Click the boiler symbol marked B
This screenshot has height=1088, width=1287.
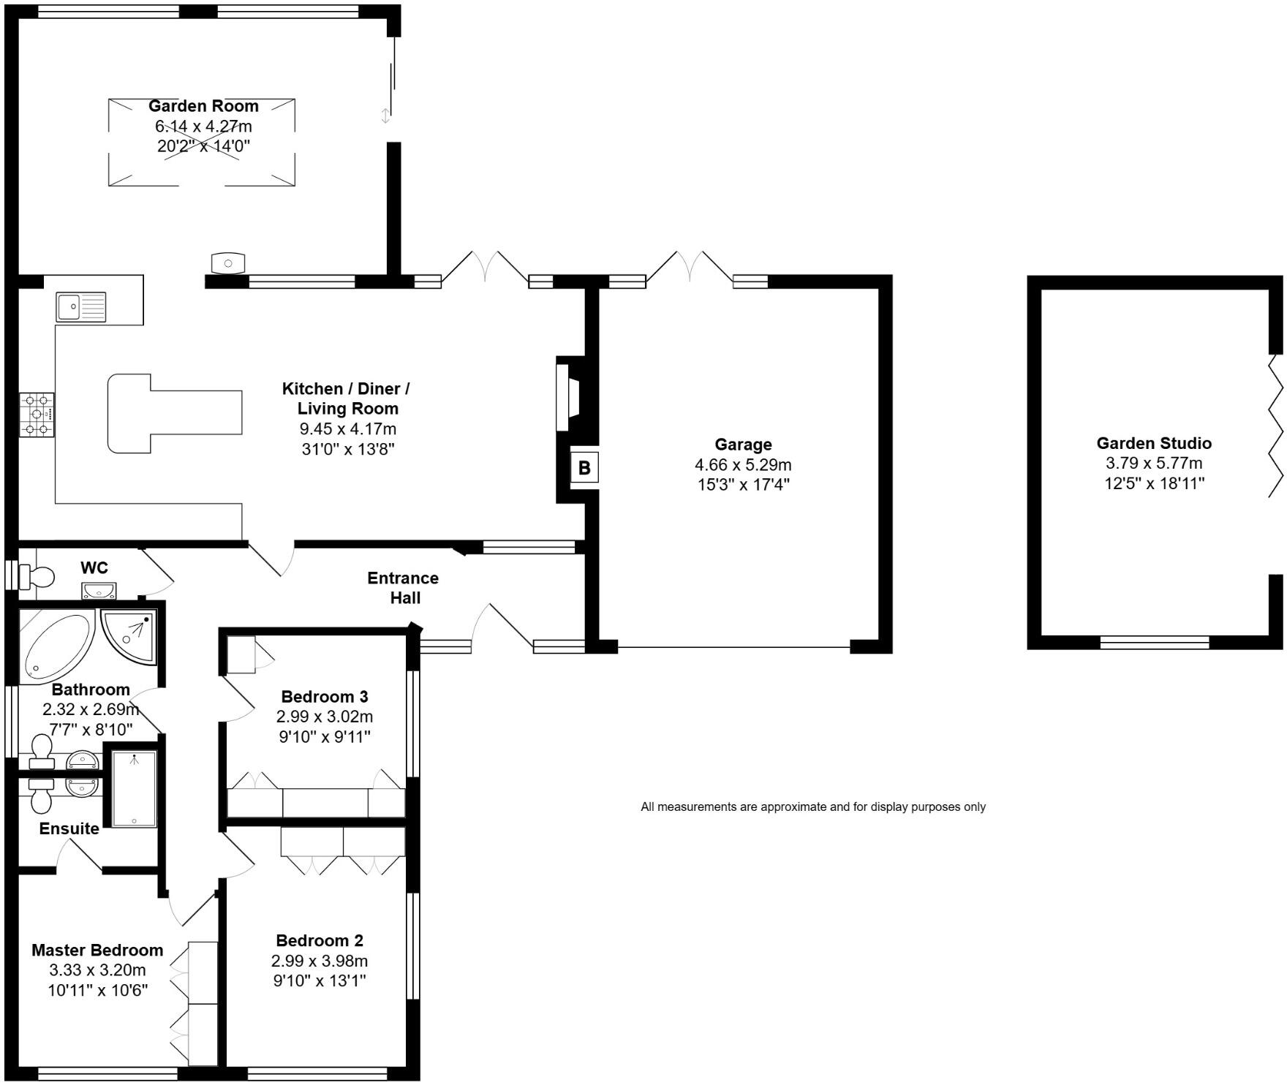pos(584,468)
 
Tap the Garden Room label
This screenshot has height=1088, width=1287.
pos(203,106)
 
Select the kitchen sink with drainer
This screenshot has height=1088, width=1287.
pos(81,306)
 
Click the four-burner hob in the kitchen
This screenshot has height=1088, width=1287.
pos(37,415)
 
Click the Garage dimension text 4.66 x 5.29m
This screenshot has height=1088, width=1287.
pos(742,464)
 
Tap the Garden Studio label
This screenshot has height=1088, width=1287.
pos(1153,443)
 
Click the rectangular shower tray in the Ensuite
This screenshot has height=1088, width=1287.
pos(134,788)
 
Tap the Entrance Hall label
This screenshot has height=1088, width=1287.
pos(403,588)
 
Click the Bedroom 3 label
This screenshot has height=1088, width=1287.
pos(324,696)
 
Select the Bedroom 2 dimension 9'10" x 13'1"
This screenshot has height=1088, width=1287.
pos(320,981)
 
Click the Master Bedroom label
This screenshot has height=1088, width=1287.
pos(97,950)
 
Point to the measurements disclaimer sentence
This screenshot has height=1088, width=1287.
pos(812,807)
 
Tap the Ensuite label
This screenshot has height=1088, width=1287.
pos(69,828)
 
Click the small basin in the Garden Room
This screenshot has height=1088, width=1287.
pos(228,262)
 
